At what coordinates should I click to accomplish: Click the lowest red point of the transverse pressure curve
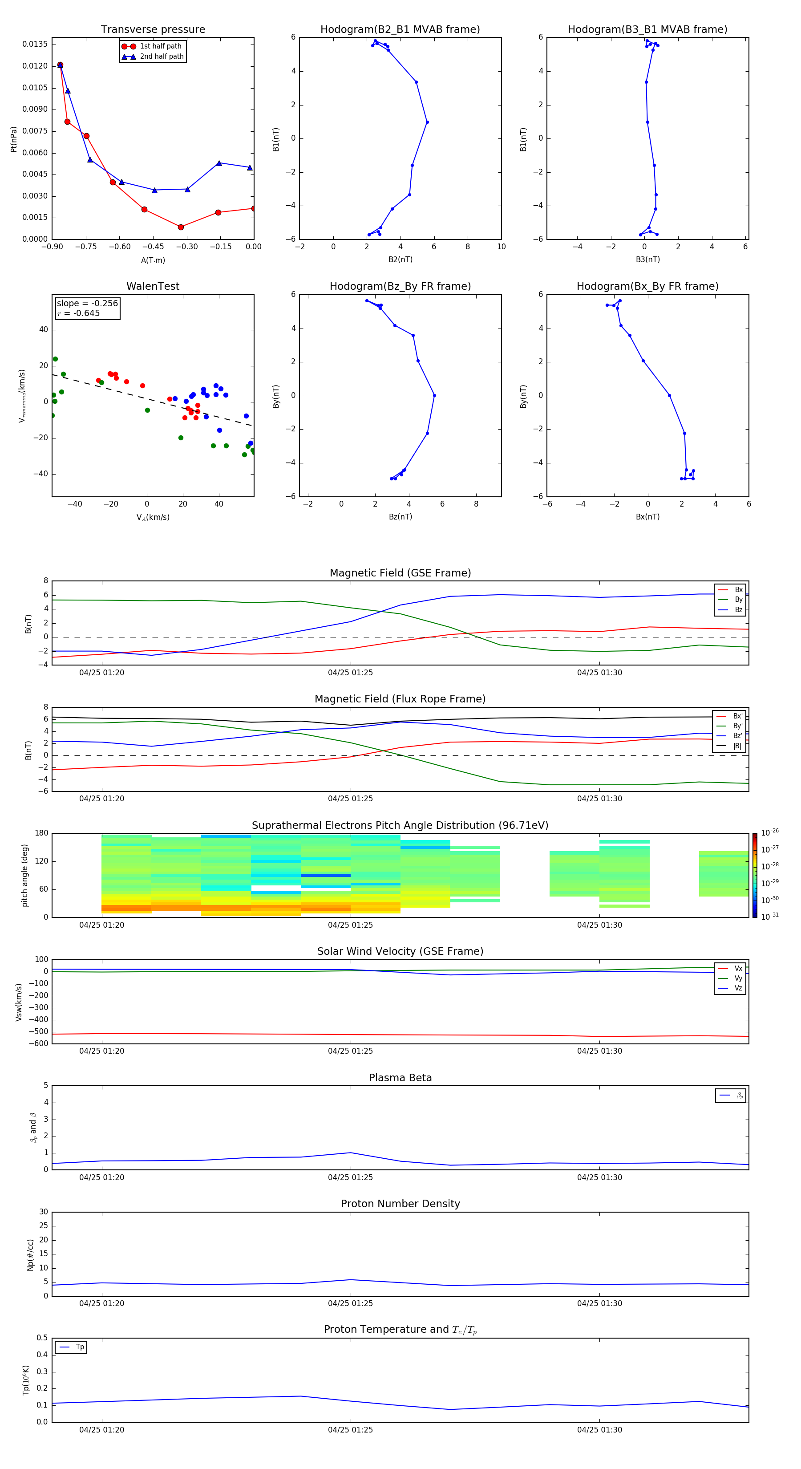[x=181, y=227]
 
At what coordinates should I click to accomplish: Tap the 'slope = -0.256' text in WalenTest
[x=87, y=304]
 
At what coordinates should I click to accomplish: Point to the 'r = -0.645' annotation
[x=78, y=313]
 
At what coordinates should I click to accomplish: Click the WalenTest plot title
[x=153, y=286]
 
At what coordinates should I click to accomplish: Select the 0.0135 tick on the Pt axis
[x=35, y=45]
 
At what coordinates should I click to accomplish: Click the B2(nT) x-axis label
[x=400, y=260]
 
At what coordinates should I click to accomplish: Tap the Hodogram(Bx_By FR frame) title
[x=647, y=286]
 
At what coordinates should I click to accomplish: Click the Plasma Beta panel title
[x=400, y=1078]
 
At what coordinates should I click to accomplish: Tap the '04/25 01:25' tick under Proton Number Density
[x=350, y=1303]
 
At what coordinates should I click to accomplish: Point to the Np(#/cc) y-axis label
[x=31, y=1254]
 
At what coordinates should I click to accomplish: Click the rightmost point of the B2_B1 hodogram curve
[x=427, y=122]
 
